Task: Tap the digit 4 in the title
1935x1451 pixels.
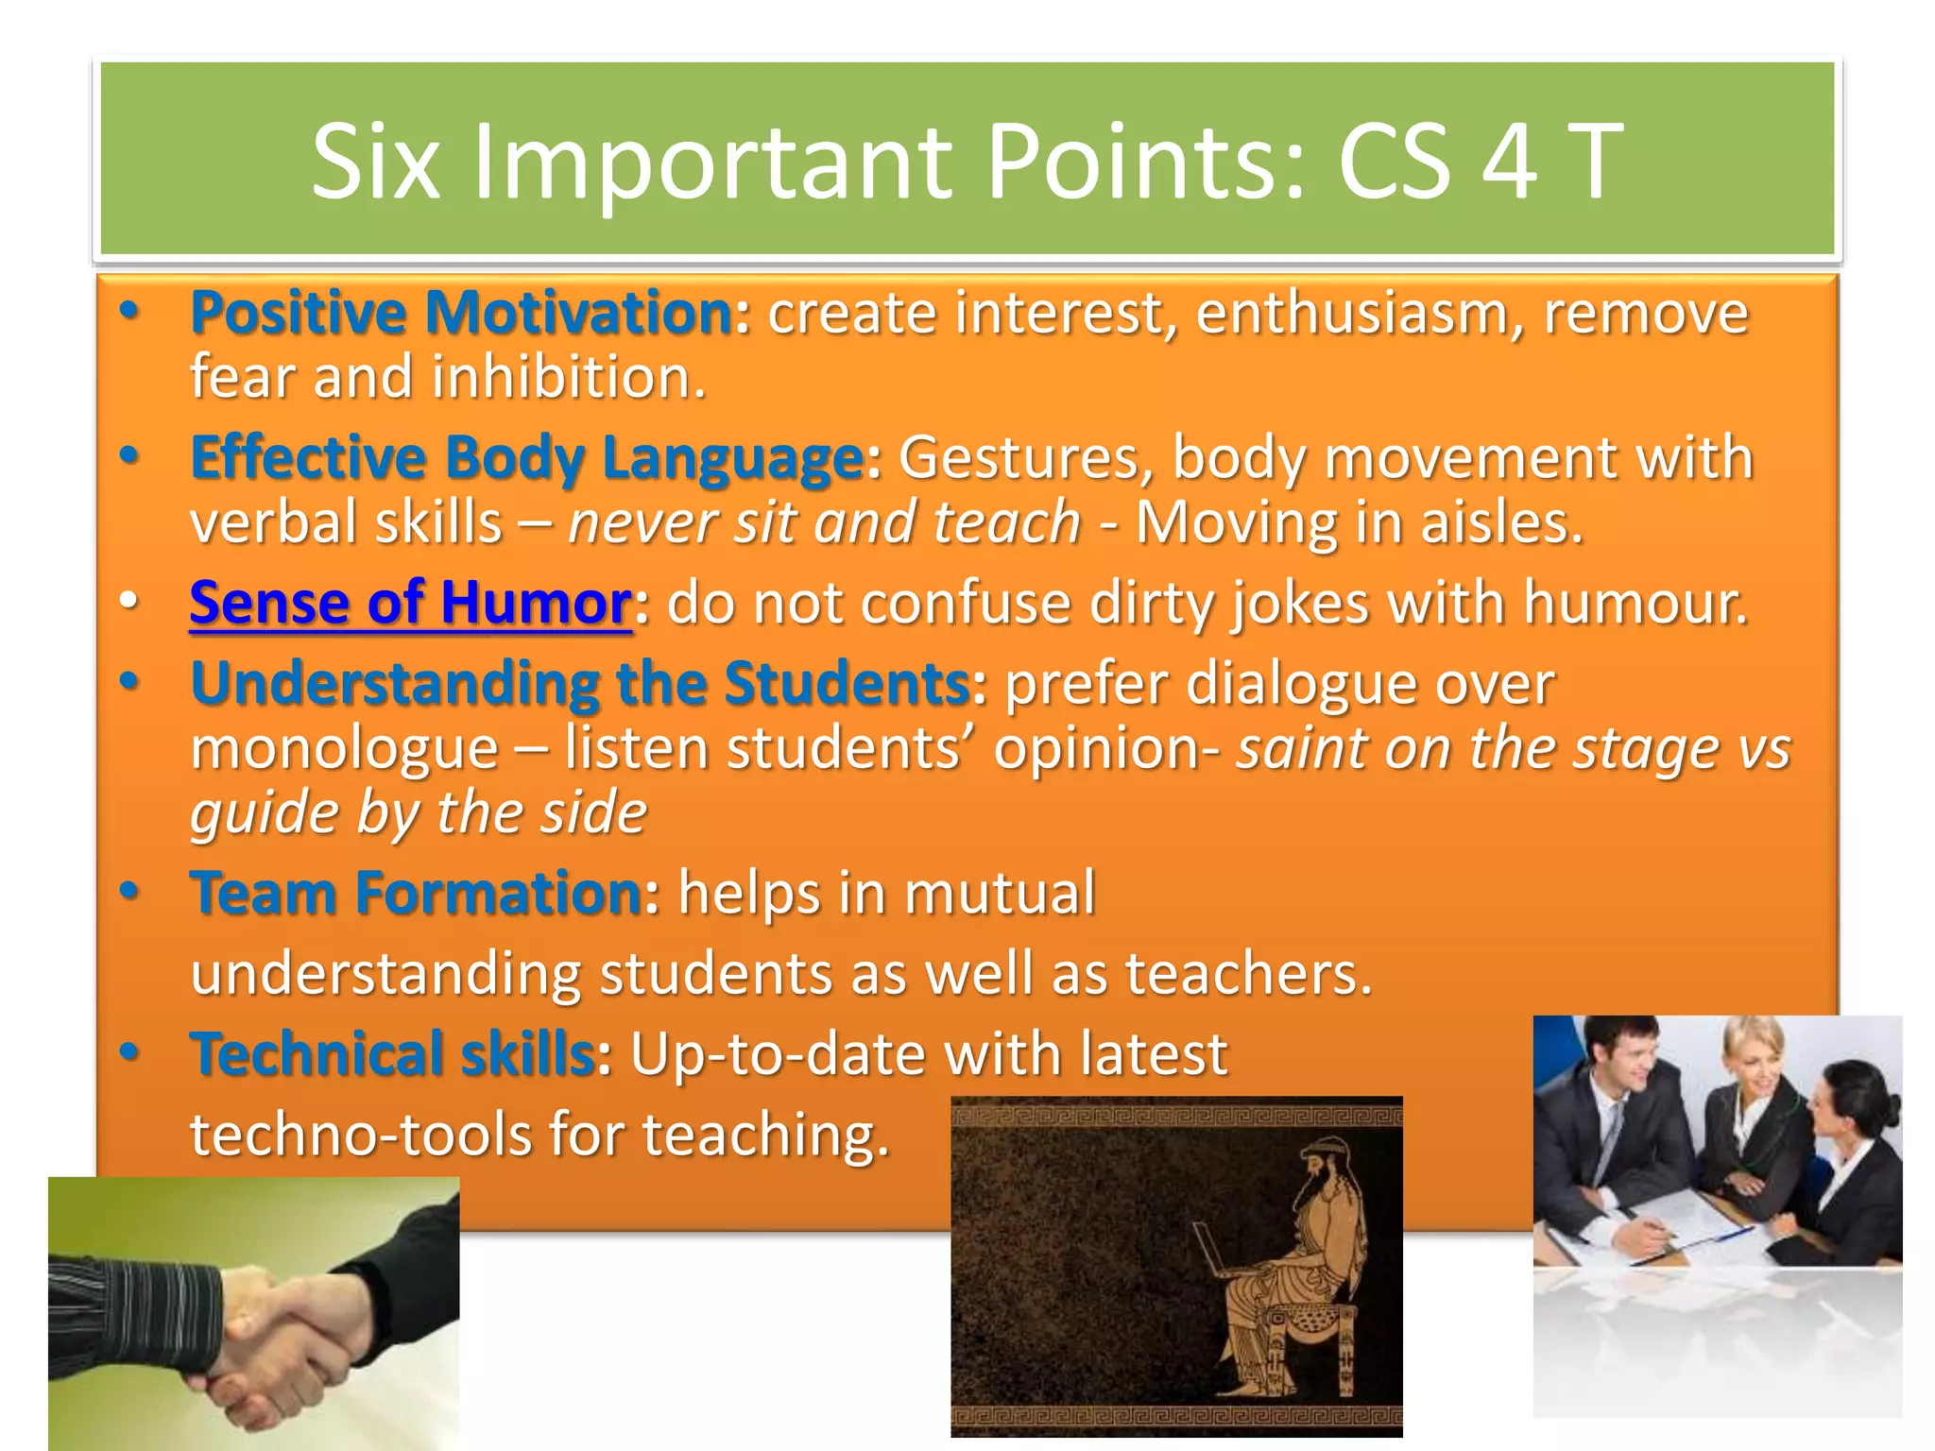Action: pyautogui.click(x=1509, y=162)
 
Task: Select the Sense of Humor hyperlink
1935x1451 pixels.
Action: pyautogui.click(x=410, y=603)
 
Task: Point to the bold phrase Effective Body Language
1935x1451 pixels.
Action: pyautogui.click(x=527, y=457)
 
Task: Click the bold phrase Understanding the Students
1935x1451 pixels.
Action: pyautogui.click(x=580, y=682)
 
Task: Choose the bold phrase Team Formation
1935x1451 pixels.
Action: pyautogui.click(x=417, y=893)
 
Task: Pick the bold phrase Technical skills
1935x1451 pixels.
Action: pyautogui.click(x=393, y=1053)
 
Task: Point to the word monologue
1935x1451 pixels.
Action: pyautogui.click(x=345, y=749)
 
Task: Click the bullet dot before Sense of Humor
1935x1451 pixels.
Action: pyautogui.click(x=129, y=602)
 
